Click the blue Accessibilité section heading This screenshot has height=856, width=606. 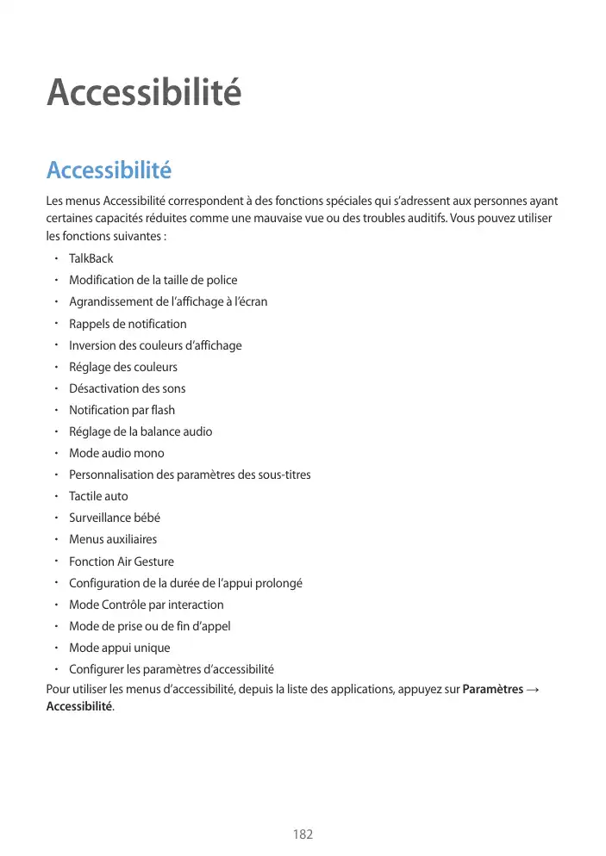click(x=109, y=171)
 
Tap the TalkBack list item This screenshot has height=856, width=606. click(x=91, y=258)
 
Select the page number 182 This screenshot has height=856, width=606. click(x=303, y=834)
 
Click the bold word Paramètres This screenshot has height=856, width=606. click(x=492, y=690)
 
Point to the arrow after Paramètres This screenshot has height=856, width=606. click(x=533, y=690)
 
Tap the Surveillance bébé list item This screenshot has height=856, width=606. click(x=115, y=518)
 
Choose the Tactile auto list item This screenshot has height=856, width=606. click(x=98, y=496)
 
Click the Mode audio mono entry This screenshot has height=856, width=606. click(x=116, y=453)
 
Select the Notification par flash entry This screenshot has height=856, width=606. click(x=122, y=410)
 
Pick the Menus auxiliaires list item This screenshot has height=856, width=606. click(x=113, y=539)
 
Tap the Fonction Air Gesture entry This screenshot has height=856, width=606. click(x=121, y=561)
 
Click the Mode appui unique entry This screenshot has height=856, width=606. click(x=119, y=648)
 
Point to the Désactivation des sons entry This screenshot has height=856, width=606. click(x=127, y=388)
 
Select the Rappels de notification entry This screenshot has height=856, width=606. click(x=128, y=324)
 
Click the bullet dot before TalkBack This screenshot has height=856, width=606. click(x=54, y=258)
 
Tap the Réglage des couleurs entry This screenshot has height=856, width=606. click(x=123, y=367)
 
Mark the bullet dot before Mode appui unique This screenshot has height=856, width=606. click(x=54, y=648)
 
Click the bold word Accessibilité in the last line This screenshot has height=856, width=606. click(x=78, y=706)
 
